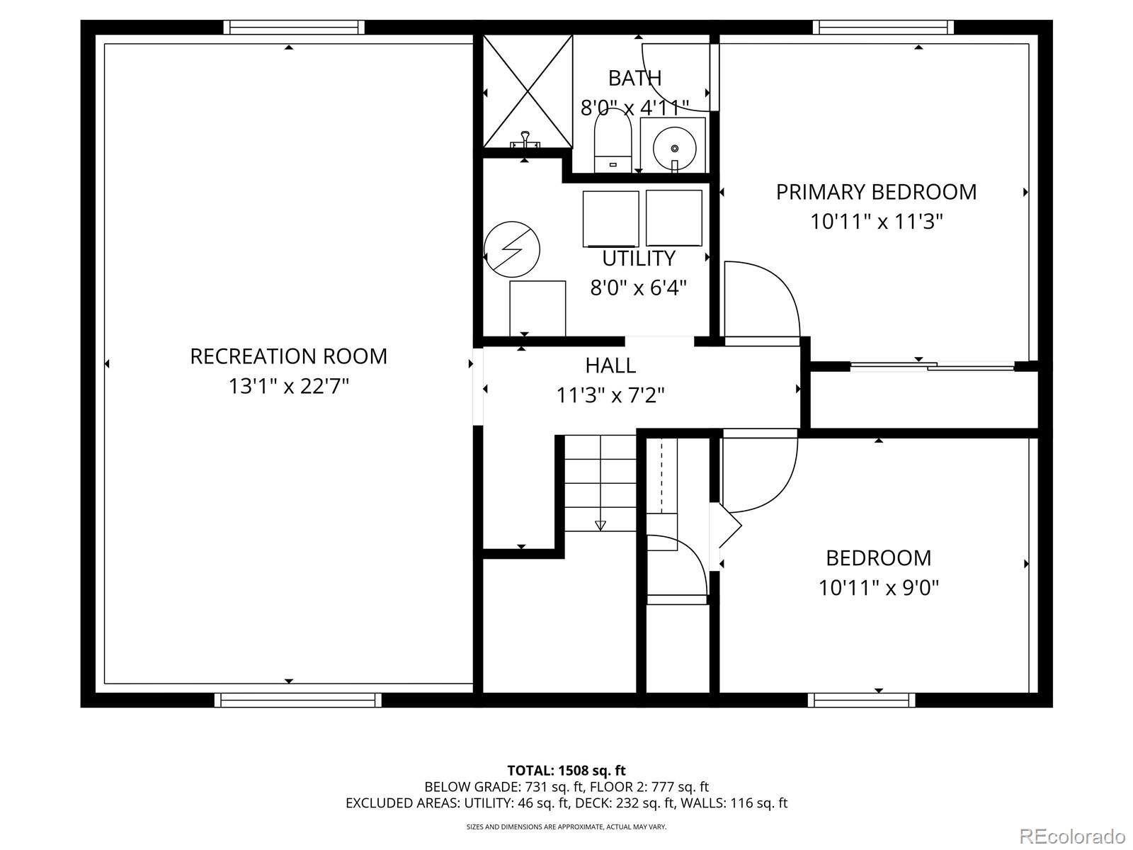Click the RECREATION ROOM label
pyautogui.click(x=288, y=356)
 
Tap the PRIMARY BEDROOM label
pyautogui.click(x=877, y=192)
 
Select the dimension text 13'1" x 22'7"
pyautogui.click(x=288, y=386)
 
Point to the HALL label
pyautogui.click(x=610, y=366)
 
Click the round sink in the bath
pyautogui.click(x=674, y=149)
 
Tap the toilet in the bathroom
pyautogui.click(x=613, y=140)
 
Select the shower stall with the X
pyautogui.click(x=528, y=91)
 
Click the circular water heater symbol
pyautogui.click(x=511, y=249)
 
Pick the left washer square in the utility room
pyautogui.click(x=610, y=219)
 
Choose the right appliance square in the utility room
pyautogui.click(x=673, y=218)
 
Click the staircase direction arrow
pyautogui.click(x=600, y=526)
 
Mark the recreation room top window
pyautogui.click(x=294, y=27)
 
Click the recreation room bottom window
pyautogui.click(x=298, y=700)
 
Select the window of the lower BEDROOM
pyautogui.click(x=861, y=700)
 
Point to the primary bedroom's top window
pyautogui.click(x=883, y=27)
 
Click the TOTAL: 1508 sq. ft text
pyautogui.click(x=566, y=771)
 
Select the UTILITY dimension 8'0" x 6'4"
pyautogui.click(x=639, y=288)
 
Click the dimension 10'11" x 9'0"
pyautogui.click(x=879, y=588)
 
